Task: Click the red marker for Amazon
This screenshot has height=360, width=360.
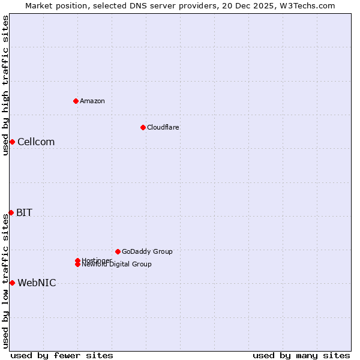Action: point(76,101)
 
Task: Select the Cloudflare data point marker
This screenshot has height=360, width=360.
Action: point(143,127)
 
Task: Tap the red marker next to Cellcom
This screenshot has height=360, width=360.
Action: point(12,142)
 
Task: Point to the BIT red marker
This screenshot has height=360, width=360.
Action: point(11,212)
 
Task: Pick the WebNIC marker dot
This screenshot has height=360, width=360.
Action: point(12,283)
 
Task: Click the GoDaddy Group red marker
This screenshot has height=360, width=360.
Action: point(118,251)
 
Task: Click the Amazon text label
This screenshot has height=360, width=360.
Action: point(92,101)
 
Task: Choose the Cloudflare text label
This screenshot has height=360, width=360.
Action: point(163,127)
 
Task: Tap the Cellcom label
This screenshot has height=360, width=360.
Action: point(36,142)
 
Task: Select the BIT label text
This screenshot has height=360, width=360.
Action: point(25,213)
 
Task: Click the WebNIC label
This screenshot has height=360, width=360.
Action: point(37,283)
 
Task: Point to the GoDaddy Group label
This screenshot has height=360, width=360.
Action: point(147,251)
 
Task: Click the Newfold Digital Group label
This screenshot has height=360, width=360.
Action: point(116,265)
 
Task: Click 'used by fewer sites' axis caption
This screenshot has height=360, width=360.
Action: point(62,355)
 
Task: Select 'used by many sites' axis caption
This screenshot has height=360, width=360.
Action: point(301,355)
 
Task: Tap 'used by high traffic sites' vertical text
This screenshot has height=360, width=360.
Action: point(5,85)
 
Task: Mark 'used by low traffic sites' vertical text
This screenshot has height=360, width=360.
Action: point(5,281)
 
